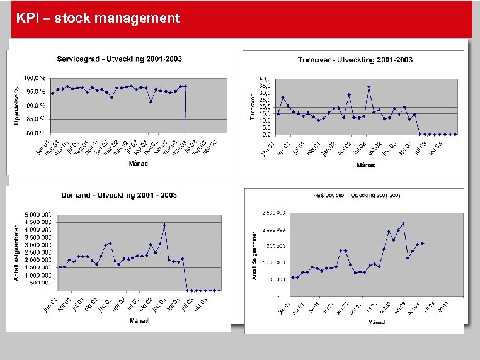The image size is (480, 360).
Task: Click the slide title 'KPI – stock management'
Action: (x=98, y=18)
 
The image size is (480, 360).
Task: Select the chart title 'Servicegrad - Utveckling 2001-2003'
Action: (x=119, y=59)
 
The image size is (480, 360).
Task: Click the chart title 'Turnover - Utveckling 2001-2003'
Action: (x=355, y=60)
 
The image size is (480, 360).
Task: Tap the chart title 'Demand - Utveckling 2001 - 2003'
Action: (x=119, y=195)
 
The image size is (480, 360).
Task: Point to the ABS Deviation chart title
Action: (x=357, y=196)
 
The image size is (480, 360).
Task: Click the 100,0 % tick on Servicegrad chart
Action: (x=34, y=77)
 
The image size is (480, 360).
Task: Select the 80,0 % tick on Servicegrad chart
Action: (x=35, y=119)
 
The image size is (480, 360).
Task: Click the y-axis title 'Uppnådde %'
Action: (x=17, y=105)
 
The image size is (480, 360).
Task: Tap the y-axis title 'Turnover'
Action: (x=253, y=107)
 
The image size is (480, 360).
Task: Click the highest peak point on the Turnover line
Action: (x=369, y=87)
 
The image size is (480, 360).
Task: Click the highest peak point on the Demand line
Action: (x=164, y=225)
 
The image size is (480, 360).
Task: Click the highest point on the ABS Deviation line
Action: (x=403, y=223)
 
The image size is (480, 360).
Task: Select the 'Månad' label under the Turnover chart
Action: (x=367, y=165)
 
